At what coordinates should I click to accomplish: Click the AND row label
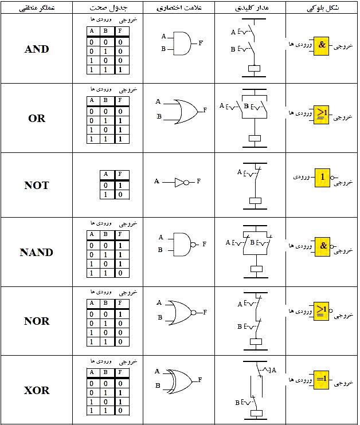37,49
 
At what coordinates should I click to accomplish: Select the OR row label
37,119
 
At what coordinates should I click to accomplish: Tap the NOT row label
37,186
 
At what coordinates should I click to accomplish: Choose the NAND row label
37,253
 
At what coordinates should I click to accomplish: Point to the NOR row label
37,321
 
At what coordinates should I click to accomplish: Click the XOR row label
37,391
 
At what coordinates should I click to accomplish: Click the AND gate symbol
181,43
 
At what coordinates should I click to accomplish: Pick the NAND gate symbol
182,243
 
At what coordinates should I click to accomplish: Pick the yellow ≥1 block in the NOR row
322,310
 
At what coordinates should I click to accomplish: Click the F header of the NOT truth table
119,174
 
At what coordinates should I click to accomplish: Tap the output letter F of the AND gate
201,43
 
